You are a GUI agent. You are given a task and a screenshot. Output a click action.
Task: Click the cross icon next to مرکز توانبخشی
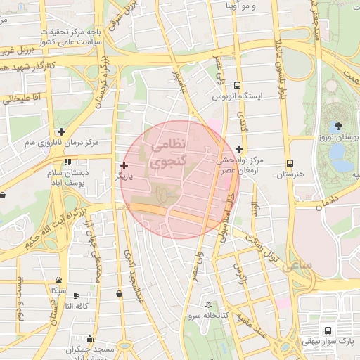240,149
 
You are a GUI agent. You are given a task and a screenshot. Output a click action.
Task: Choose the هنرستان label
288,173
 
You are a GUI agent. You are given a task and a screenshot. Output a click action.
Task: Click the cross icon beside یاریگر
124,165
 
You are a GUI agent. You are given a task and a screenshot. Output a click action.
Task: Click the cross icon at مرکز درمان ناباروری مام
62,131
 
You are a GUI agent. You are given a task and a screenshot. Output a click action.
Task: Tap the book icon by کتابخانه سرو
207,304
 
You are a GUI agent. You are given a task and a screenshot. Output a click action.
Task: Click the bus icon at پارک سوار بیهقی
328,330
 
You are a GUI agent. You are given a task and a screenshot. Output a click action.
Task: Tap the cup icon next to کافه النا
76,295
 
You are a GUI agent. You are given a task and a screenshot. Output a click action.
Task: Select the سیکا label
59,290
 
